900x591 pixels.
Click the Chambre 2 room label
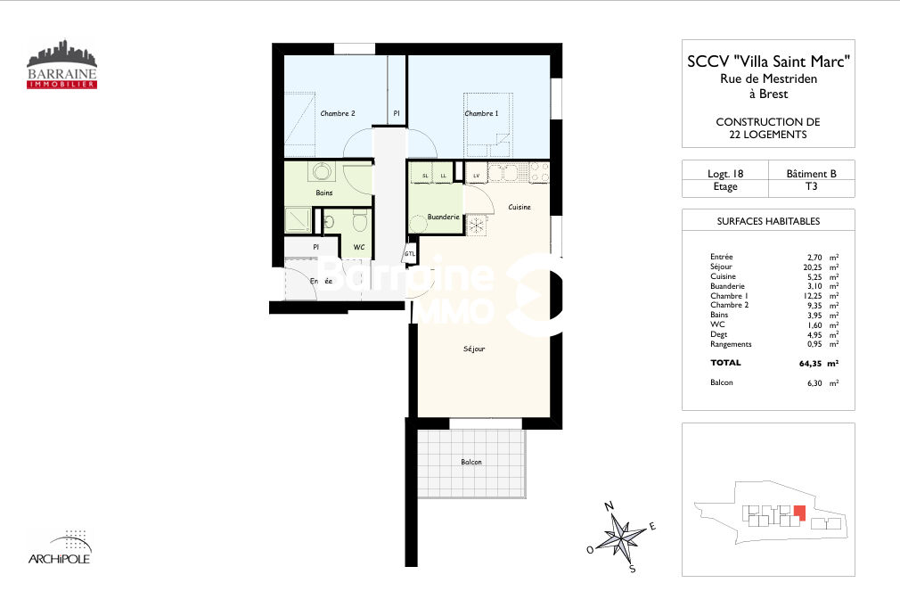click(x=338, y=113)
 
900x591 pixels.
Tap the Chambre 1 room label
click(x=481, y=113)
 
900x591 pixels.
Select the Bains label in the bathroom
click(x=324, y=193)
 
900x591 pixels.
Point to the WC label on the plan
click(x=359, y=247)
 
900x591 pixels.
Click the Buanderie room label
click(x=443, y=217)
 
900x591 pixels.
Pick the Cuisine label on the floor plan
click(x=520, y=207)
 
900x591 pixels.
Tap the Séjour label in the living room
click(x=474, y=349)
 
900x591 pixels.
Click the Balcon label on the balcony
click(x=471, y=462)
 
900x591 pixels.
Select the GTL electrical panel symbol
click(x=410, y=253)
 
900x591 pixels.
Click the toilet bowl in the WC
click(x=360, y=221)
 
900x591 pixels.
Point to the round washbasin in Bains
click(x=321, y=171)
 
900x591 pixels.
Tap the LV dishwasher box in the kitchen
click(x=476, y=176)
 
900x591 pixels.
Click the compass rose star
click(x=620, y=537)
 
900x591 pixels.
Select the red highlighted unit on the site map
click(x=799, y=513)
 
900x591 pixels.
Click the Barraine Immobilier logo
click(x=62, y=64)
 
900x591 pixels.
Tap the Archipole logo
click(x=60, y=547)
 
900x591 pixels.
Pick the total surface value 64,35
click(x=810, y=364)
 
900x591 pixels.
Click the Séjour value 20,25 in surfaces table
click(x=812, y=267)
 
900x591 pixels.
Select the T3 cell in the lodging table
click(x=811, y=186)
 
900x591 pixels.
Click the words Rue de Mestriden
click(x=768, y=78)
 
